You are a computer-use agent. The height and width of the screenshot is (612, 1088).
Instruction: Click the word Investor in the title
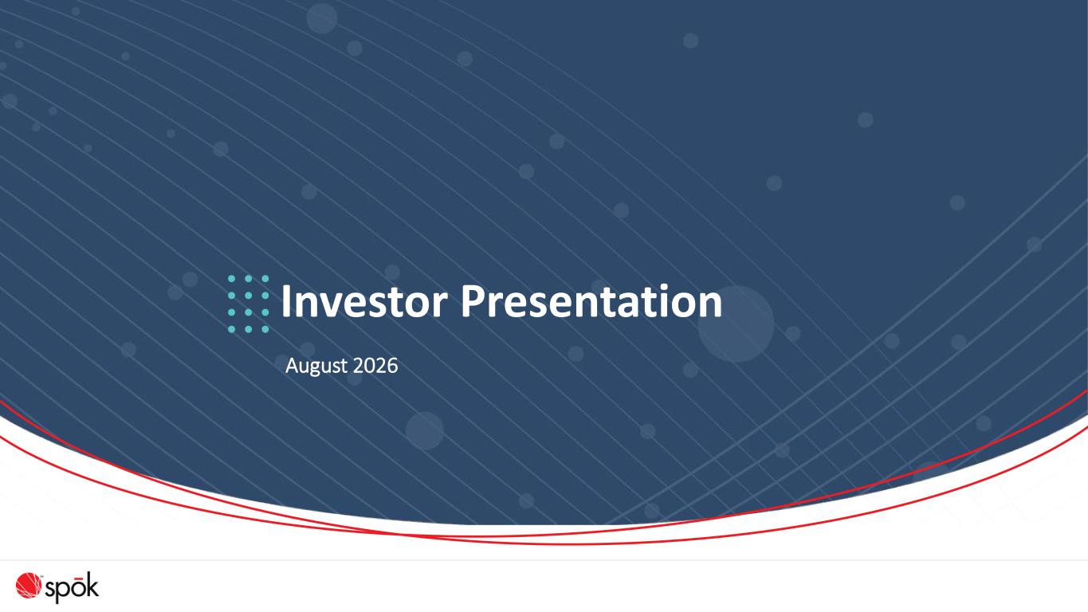364,302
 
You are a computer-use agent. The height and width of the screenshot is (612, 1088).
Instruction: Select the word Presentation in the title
591,302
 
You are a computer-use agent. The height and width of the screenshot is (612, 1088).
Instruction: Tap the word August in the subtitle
316,367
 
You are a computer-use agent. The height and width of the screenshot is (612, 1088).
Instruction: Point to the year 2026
375,366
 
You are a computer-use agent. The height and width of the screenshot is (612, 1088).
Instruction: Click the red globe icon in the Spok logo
28,585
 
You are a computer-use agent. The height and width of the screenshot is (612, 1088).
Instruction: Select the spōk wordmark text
72,588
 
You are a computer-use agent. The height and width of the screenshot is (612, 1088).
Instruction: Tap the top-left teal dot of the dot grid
232,279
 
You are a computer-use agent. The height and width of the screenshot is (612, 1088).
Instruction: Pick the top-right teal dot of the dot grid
265,279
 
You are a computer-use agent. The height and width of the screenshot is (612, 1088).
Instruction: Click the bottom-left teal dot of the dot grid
232,329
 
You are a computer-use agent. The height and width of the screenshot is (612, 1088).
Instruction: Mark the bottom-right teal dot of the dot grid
265,329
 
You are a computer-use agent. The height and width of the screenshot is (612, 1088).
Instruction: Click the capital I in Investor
285,302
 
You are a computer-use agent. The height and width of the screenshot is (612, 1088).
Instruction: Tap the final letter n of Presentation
711,306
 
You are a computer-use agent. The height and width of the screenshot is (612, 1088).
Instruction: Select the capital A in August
292,366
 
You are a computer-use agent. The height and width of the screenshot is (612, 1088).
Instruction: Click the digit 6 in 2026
392,366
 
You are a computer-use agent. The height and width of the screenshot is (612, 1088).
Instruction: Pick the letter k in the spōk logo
92,585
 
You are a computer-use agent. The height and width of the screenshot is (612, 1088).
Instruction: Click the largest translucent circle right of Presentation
736,324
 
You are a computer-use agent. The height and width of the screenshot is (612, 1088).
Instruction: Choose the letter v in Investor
328,306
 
